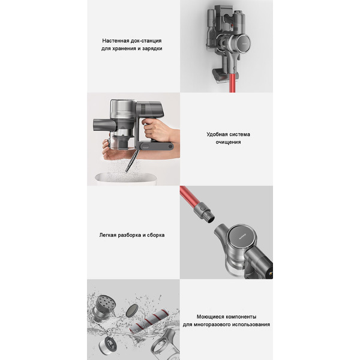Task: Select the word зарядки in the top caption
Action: (x=149, y=49)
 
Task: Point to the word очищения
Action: (x=227, y=143)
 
